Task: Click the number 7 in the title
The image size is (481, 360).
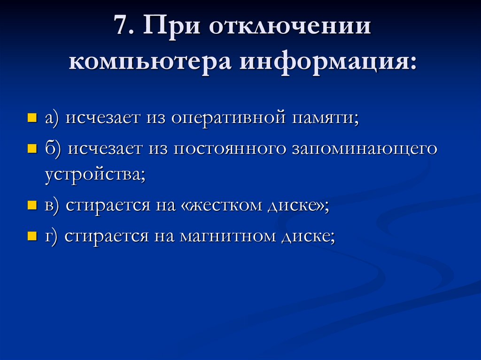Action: (121, 27)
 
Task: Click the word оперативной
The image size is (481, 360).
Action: (228, 118)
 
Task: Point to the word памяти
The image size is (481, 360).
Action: (326, 118)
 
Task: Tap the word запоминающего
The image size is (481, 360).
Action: (365, 149)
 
